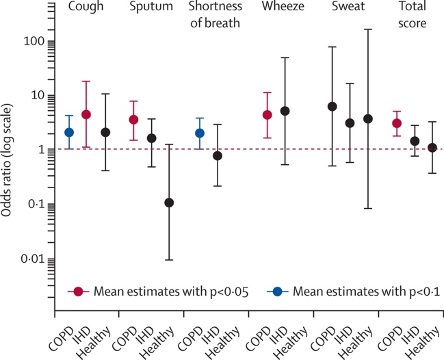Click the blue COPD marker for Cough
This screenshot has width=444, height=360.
click(69, 132)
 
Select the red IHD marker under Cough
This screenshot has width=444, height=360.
click(86, 114)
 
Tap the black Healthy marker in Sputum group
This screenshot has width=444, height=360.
click(169, 203)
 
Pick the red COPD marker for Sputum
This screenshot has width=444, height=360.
click(133, 120)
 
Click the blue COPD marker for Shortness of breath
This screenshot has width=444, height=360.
click(200, 133)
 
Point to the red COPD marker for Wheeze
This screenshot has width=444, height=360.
click(267, 115)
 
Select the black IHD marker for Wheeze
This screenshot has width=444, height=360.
click(285, 111)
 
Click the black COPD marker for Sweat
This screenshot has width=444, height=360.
click(332, 106)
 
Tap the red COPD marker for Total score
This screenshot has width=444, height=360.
click(397, 123)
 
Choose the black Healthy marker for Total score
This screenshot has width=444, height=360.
click(432, 148)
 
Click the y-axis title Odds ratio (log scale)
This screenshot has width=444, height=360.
click(9, 164)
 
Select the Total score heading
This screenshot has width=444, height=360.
click(409, 14)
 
